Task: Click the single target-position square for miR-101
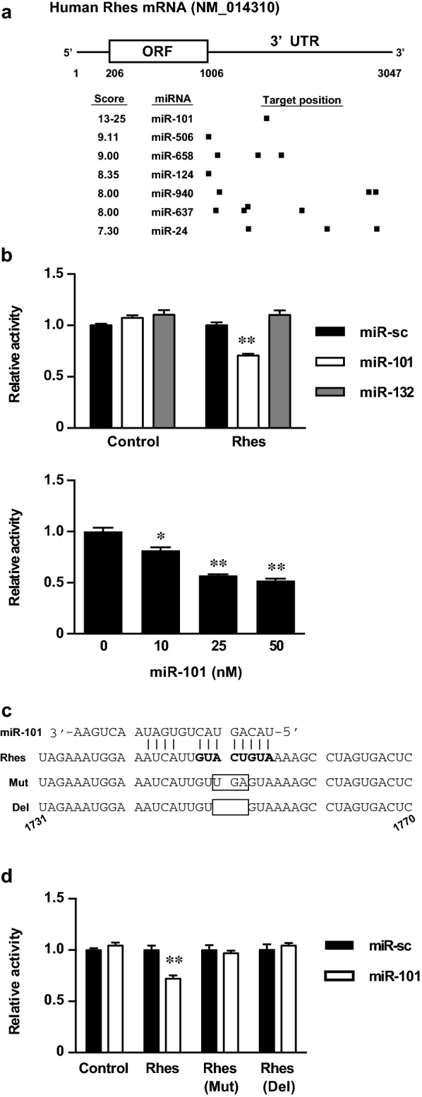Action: pyautogui.click(x=266, y=118)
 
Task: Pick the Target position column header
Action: pyautogui.click(x=302, y=100)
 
